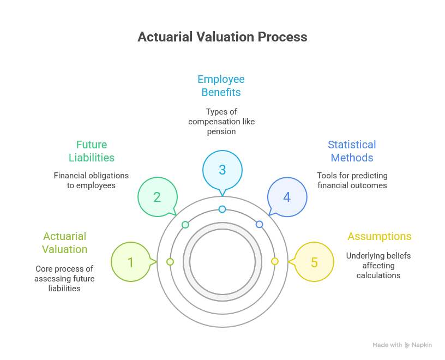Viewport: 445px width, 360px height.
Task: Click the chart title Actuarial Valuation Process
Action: tap(222, 37)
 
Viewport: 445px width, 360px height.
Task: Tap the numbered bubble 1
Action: tap(130, 262)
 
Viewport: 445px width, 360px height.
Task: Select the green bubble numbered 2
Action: tap(157, 197)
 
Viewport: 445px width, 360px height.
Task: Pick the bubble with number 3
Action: tap(222, 170)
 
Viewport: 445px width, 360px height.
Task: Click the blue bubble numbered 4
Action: tap(287, 197)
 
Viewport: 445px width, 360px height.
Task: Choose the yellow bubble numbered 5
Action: tap(314, 262)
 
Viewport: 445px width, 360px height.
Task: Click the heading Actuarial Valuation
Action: tap(65, 243)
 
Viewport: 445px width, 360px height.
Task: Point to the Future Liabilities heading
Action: tap(92, 151)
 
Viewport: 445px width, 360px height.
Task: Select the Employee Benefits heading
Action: tap(221, 86)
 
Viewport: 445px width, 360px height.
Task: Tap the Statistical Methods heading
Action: tap(352, 151)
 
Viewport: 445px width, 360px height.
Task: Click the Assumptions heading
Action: tap(379, 236)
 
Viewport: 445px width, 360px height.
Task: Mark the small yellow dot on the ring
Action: tap(275, 261)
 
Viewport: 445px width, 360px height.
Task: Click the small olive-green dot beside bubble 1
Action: tap(170, 262)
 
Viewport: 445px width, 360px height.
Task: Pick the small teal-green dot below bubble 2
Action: tap(185, 225)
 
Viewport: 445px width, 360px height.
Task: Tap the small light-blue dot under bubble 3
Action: tap(222, 209)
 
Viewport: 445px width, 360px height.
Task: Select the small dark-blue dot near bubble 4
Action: tap(259, 224)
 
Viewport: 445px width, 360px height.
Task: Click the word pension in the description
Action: tap(221, 131)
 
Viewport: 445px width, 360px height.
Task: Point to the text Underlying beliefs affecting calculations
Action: tap(378, 265)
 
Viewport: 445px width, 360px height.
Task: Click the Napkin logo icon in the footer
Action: tap(407, 345)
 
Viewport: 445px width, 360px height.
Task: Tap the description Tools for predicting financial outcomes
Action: tap(352, 181)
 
